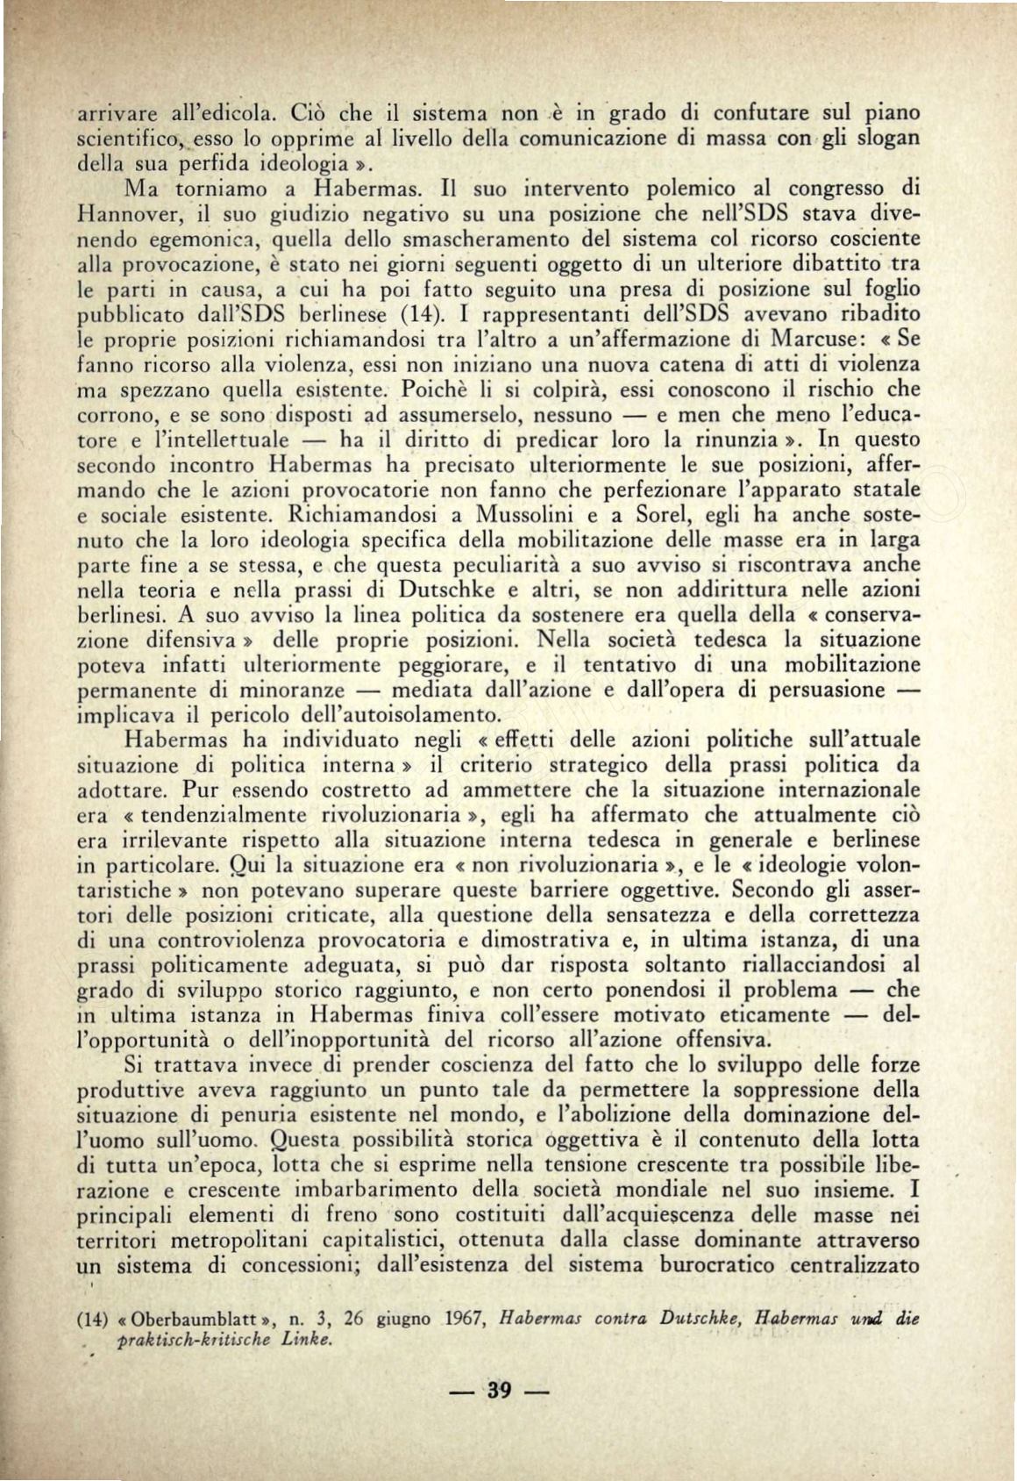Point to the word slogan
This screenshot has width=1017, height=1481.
point(883,138)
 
